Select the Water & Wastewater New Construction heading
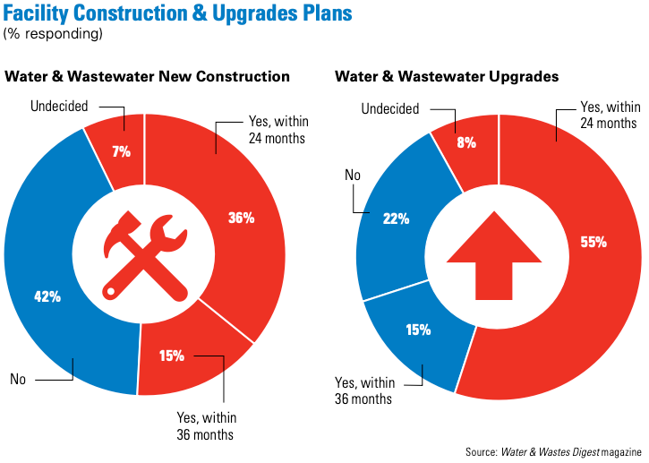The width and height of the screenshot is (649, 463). tap(148, 77)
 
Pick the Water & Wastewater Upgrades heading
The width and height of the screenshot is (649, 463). tap(447, 77)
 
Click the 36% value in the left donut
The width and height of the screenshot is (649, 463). tap(242, 218)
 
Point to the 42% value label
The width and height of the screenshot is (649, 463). tap(47, 296)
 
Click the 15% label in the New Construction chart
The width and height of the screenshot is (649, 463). tap(171, 356)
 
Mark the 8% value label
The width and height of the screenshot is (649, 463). tap(465, 141)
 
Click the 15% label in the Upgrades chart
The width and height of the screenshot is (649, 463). tap(417, 330)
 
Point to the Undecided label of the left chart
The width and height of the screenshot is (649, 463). tap(59, 107)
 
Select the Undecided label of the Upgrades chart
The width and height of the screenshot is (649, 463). tap(390, 109)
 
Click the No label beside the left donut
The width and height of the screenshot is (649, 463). tap(18, 379)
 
